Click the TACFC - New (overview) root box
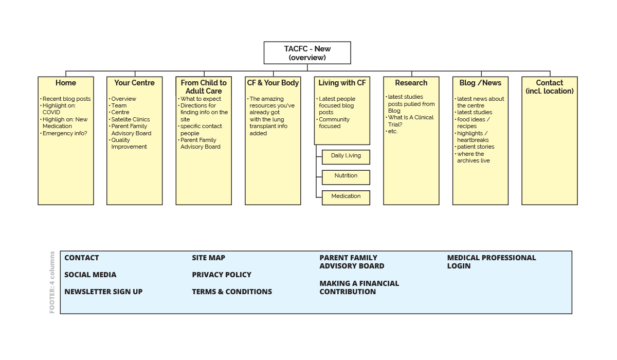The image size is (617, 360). click(307, 53)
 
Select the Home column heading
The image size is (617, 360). click(66, 83)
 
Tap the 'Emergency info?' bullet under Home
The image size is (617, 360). click(65, 133)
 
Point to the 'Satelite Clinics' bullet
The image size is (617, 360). click(131, 119)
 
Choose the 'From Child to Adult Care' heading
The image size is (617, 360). click(204, 86)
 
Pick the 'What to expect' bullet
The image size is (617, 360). click(201, 99)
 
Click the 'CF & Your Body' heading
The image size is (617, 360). click(273, 83)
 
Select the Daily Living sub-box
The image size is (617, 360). click(346, 156)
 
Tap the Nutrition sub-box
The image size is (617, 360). click(346, 176)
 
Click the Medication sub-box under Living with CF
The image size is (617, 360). click(346, 196)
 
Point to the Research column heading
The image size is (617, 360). click(411, 83)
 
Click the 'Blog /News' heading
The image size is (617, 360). click(480, 83)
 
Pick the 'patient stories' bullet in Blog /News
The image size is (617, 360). click(476, 147)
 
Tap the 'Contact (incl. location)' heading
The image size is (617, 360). click(550, 86)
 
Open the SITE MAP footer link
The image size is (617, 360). click(208, 258)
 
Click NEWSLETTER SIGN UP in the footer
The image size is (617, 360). click(103, 292)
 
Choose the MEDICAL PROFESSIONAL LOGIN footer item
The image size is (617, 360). click(491, 262)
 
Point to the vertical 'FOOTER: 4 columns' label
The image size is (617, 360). click(52, 282)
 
